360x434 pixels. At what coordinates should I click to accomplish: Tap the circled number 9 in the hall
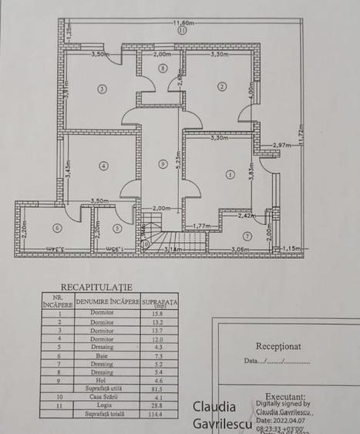tap(161, 163)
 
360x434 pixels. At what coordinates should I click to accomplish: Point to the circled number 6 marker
tap(56, 228)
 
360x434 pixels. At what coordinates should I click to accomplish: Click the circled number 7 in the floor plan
tap(247, 236)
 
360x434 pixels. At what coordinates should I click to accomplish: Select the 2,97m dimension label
tap(279, 144)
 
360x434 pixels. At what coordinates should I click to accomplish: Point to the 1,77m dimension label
tap(201, 226)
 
